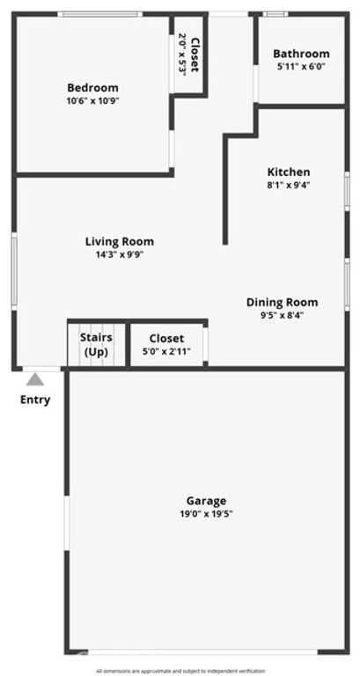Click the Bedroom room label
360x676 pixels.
tap(92, 87)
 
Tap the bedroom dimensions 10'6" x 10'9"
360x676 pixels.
tap(92, 100)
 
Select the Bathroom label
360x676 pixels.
tap(301, 54)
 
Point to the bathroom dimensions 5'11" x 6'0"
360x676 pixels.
tap(301, 66)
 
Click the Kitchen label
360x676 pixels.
tap(289, 172)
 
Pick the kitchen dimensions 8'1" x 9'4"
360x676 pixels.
tap(289, 185)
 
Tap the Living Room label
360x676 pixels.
tap(120, 241)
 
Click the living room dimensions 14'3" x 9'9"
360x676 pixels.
tap(120, 254)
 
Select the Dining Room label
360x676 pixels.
tap(282, 302)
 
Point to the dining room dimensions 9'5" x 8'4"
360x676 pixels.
tap(282, 315)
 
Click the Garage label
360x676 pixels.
tap(206, 500)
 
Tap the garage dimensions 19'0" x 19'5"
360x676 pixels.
tap(206, 513)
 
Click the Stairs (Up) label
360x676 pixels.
tap(96, 344)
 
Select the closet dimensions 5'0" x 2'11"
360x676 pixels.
tap(166, 351)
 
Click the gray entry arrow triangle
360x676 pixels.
tap(35, 379)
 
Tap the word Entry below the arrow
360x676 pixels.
tap(35, 400)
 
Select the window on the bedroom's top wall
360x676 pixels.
tap(99, 14)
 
